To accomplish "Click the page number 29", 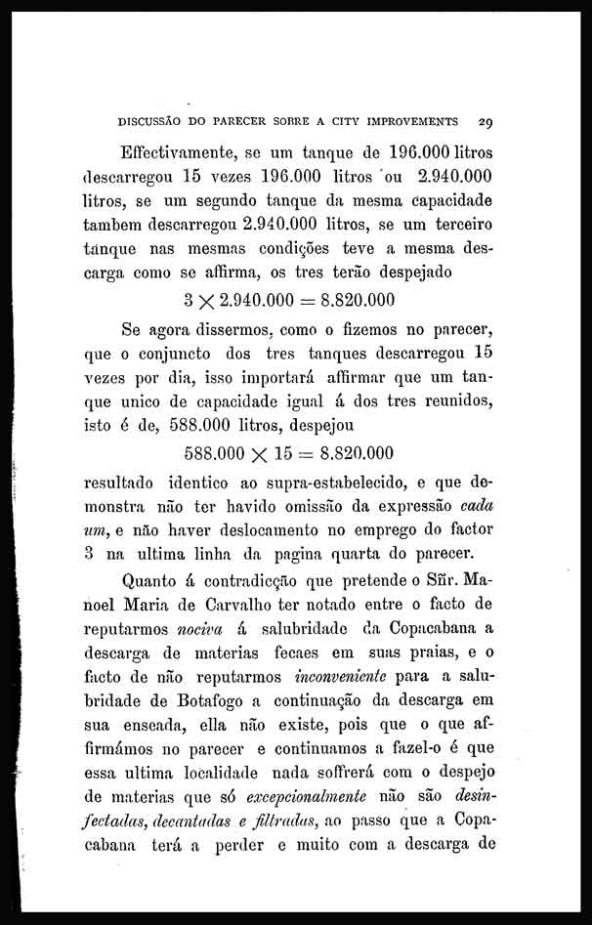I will [486, 124].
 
